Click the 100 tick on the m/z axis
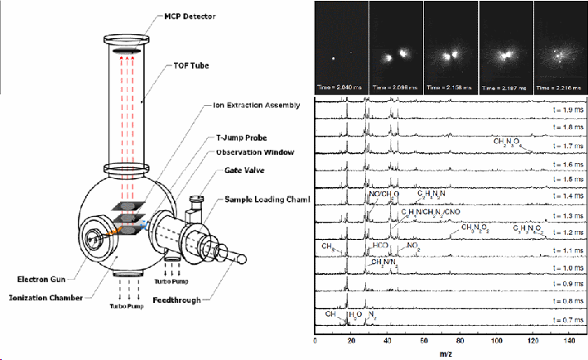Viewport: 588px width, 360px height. pos(496,339)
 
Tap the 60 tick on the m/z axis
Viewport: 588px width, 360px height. pos(423,339)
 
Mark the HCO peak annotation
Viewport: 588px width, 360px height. pos(380,246)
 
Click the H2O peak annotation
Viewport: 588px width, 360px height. pos(355,314)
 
